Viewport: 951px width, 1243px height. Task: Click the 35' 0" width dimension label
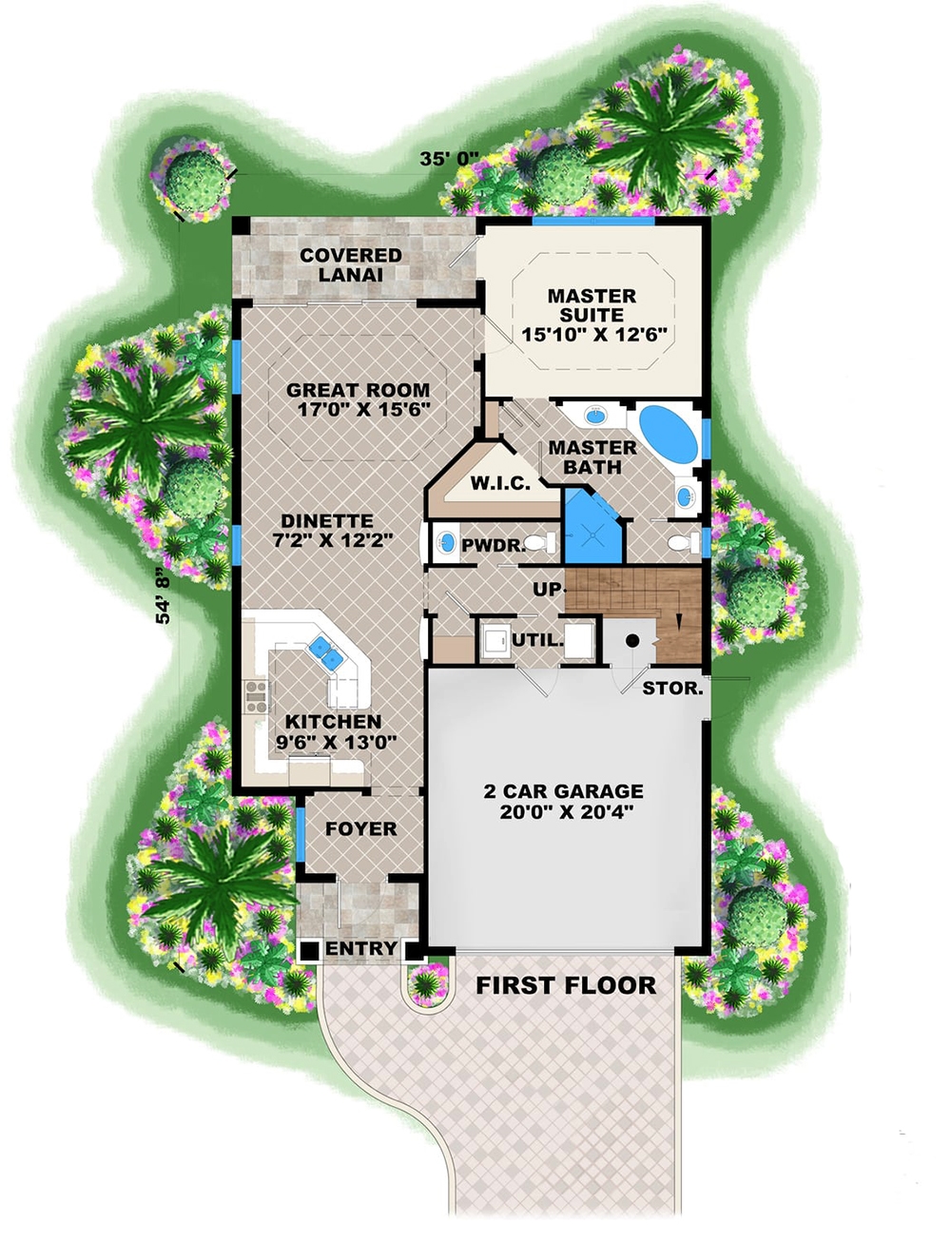pos(449,159)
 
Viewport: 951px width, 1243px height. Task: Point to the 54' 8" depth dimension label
pos(164,596)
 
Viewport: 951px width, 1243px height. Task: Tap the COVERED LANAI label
pos(351,264)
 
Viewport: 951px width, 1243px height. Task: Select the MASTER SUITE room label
pos(592,305)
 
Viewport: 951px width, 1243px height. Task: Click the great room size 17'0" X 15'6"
pos(363,410)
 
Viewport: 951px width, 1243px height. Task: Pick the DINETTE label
pos(326,521)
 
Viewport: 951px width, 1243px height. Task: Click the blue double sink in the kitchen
pos(325,651)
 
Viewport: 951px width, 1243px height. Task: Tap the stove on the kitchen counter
pos(256,696)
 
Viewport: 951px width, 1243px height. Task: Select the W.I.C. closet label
pos(500,484)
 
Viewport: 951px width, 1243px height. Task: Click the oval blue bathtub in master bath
pos(668,433)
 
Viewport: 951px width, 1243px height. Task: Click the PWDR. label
pos(493,546)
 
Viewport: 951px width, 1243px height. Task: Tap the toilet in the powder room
pos(539,544)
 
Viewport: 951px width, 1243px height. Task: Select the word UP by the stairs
pos(547,590)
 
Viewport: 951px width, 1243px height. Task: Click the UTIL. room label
pos(537,640)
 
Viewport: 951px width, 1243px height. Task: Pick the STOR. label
pos(672,688)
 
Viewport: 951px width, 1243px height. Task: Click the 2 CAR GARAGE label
pos(563,791)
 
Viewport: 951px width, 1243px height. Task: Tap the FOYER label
pos(360,829)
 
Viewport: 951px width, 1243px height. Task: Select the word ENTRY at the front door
pos(360,949)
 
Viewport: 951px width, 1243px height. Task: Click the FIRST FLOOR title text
pos(566,985)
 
